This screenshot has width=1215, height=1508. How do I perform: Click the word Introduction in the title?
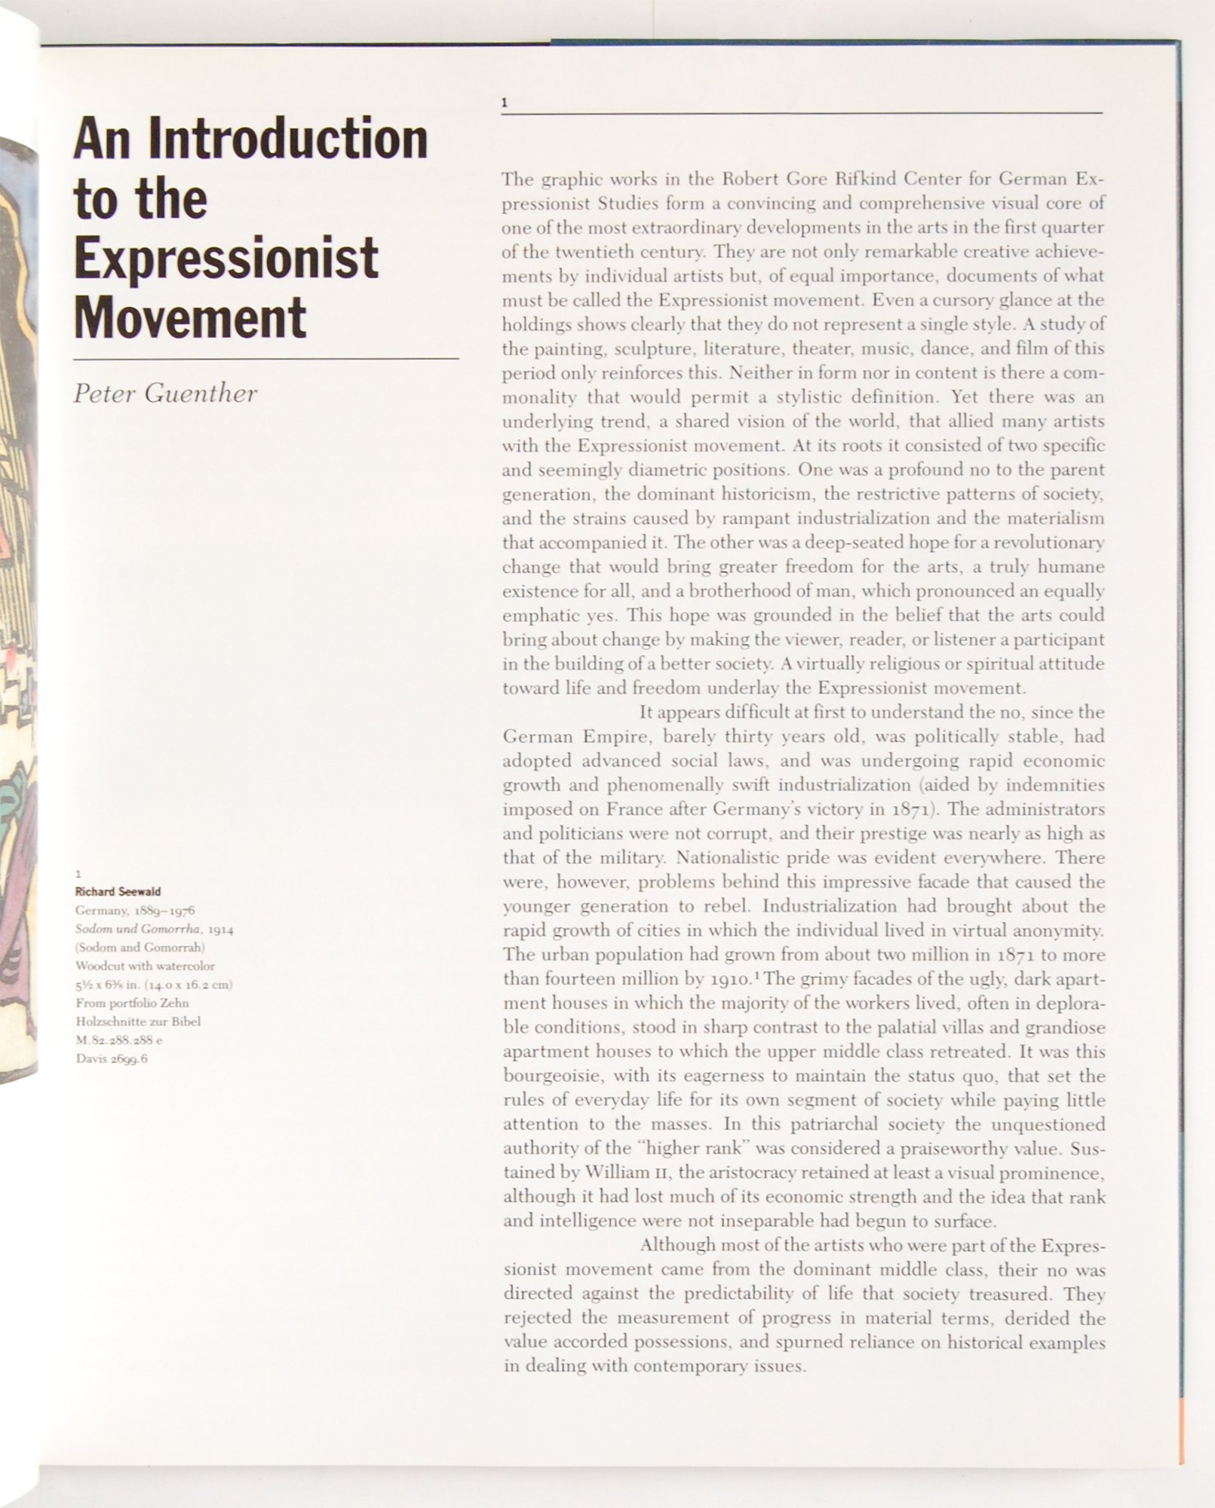(288, 139)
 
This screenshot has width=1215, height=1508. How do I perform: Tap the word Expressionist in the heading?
(226, 259)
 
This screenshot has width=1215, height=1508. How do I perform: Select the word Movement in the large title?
(190, 317)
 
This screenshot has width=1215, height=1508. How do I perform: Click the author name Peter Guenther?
(165, 394)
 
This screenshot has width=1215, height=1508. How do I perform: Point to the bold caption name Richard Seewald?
(118, 891)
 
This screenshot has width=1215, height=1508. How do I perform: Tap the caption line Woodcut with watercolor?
(145, 966)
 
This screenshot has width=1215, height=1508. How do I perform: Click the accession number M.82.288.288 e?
(119, 1040)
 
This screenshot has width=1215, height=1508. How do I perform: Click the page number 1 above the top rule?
(505, 103)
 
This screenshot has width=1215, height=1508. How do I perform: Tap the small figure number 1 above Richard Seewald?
(78, 874)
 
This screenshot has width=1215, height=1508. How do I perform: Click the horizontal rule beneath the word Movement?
(265, 359)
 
